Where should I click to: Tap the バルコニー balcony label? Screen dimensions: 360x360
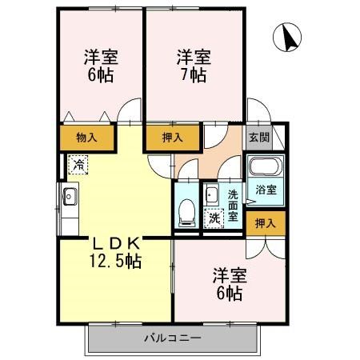(x=172, y=338)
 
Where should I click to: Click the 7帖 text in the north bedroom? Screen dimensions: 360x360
(x=194, y=76)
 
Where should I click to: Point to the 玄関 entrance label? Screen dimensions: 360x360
(x=258, y=136)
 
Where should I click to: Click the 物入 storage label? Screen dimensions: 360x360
(x=86, y=138)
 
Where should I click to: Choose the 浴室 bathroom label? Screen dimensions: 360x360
(x=266, y=190)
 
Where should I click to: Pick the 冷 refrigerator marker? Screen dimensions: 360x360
(x=78, y=164)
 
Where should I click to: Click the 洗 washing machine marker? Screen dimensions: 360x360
(x=213, y=217)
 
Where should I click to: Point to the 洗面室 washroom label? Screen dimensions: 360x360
(x=233, y=205)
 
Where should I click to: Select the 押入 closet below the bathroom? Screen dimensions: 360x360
(x=265, y=223)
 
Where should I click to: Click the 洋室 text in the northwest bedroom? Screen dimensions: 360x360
(x=102, y=58)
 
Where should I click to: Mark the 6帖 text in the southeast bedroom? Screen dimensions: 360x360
(x=229, y=294)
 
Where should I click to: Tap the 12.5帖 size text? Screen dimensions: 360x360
(x=115, y=262)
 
